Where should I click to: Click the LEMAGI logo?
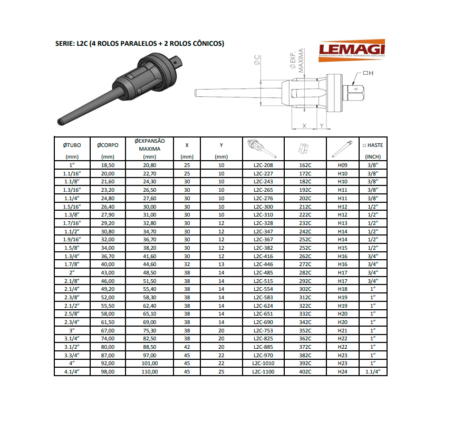(x=351, y=50)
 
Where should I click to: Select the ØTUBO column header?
(x=72, y=145)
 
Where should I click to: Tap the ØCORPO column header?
(x=108, y=145)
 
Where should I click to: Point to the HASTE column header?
(x=373, y=145)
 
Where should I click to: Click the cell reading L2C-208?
(x=263, y=165)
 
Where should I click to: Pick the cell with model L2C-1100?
(x=263, y=371)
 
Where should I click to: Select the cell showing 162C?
(x=305, y=165)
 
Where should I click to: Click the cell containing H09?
(x=343, y=165)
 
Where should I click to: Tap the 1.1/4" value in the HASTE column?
(x=373, y=371)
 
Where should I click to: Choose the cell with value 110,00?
(x=149, y=371)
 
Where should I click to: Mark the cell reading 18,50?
(x=108, y=165)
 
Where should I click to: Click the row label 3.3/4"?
(x=72, y=355)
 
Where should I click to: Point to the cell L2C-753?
(x=263, y=330)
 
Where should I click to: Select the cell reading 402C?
(x=305, y=371)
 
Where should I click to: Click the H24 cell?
(x=343, y=371)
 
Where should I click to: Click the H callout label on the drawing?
(x=371, y=73)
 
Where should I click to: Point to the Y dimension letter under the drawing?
(x=322, y=125)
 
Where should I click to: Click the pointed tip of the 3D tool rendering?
(x=60, y=123)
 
